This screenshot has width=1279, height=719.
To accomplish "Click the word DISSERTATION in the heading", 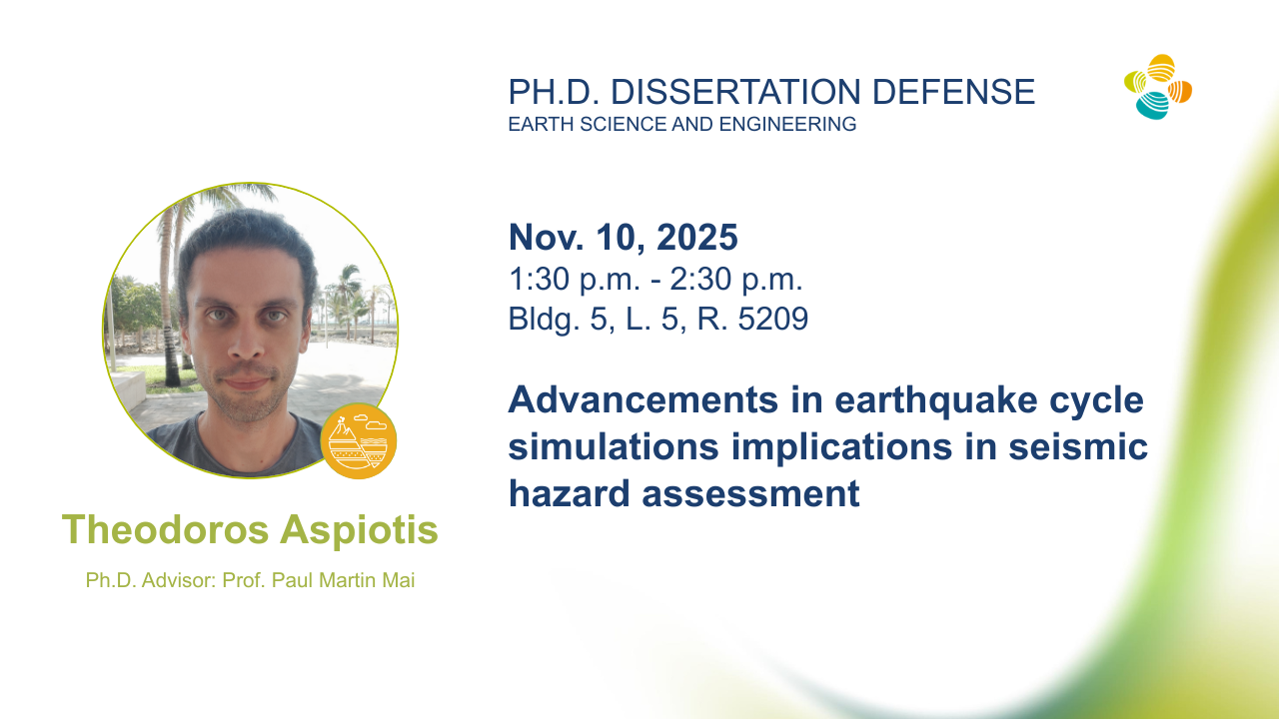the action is (x=735, y=92).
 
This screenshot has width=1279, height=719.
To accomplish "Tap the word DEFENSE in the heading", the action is (x=953, y=92).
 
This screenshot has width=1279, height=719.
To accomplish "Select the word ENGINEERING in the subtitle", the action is (x=787, y=124).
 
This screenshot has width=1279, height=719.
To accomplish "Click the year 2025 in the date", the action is (x=697, y=237).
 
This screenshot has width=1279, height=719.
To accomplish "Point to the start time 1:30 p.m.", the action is (x=574, y=280).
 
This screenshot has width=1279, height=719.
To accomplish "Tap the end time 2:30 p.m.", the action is (x=736, y=280).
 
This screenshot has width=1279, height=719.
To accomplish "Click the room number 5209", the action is (x=773, y=319).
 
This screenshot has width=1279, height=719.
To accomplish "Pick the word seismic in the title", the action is (x=1078, y=446).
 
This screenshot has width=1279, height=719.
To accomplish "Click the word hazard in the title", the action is (x=570, y=493).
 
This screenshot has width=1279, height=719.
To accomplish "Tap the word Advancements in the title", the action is (x=643, y=399).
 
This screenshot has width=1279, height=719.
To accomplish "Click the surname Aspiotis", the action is (x=359, y=530).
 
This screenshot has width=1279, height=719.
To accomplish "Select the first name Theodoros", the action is (x=165, y=529).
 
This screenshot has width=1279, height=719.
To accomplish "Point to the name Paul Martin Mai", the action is (x=343, y=580).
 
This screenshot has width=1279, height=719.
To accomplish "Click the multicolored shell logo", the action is (x=1158, y=87).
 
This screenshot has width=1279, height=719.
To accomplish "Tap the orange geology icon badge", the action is (x=358, y=440).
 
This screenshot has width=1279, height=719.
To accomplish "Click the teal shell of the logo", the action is (x=1151, y=106).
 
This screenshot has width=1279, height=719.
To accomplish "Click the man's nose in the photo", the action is (x=247, y=343).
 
